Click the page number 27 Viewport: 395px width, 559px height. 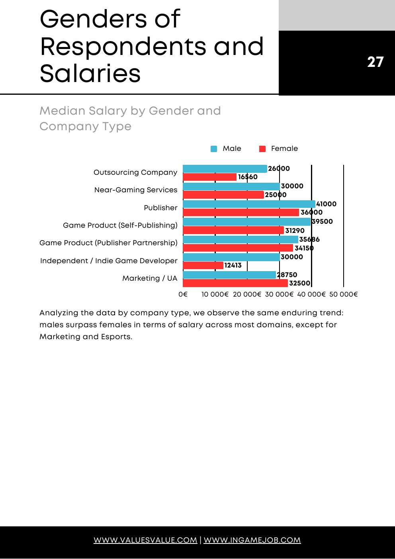pos(375,62)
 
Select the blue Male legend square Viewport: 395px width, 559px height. pos(214,149)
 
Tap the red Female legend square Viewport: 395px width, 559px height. pos(262,149)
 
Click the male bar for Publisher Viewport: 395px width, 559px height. pos(249,204)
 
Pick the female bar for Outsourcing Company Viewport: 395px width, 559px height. pos(210,177)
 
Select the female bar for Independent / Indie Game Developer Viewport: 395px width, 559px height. pos(203,266)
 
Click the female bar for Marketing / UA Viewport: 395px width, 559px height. pos(235,283)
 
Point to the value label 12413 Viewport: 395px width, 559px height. pos(233,266)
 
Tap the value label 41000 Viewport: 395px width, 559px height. pos(326,204)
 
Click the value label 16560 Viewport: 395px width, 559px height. pos(248,177)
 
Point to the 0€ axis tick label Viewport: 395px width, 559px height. pos(183,295)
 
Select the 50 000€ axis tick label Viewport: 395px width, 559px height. pos(343,295)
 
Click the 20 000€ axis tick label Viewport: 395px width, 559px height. pos(247,295)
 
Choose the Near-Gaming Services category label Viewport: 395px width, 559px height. pos(135,190)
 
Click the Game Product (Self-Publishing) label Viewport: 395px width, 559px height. pos(120,225)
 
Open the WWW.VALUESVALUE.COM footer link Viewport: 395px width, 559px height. pos(145,540)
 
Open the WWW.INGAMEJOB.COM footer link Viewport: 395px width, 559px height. pos(252,540)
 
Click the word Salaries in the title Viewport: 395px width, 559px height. pos(90,74)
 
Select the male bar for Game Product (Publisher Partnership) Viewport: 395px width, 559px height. pos(241,239)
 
